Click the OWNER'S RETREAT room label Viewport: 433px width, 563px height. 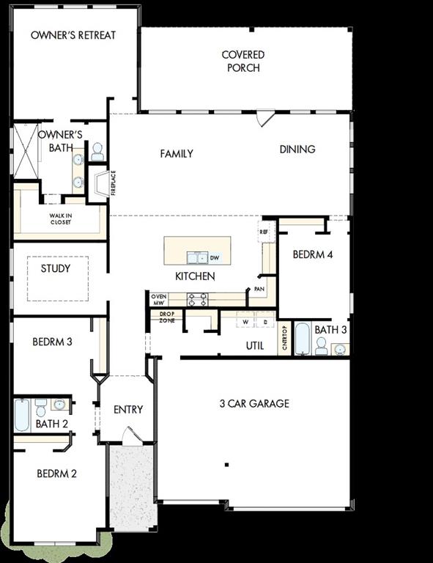tap(73, 35)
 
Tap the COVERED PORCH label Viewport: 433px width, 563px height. tap(243, 61)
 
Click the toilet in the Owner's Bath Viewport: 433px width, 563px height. tap(97, 152)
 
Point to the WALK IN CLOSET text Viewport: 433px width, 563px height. tap(60, 218)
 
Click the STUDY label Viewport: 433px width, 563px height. tap(56, 268)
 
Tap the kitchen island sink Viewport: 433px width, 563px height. tap(196, 257)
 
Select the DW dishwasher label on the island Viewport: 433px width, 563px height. tap(215, 258)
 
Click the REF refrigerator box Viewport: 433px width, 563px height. tap(263, 232)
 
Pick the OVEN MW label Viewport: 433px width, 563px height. tap(158, 299)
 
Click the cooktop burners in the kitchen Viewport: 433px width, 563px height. tap(198, 299)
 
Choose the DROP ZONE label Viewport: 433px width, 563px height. tap(166, 317)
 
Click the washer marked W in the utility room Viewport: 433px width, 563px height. tap(245, 322)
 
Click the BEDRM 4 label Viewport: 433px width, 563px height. tap(313, 255)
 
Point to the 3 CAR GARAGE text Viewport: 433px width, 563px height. tap(254, 403)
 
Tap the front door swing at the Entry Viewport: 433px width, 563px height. tap(131, 436)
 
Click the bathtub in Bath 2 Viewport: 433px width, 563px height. tap(22, 416)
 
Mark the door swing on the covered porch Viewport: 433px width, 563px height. tap(265, 119)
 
